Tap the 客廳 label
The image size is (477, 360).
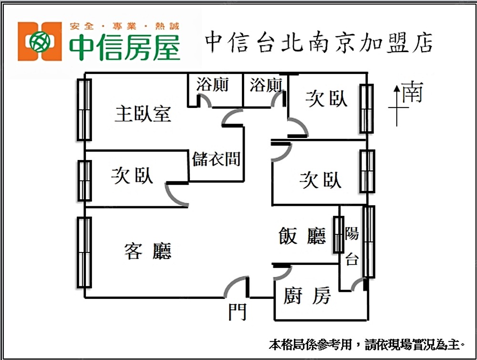(x=148, y=251)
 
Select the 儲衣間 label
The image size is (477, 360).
(x=216, y=159)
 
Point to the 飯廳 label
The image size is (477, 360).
(x=302, y=236)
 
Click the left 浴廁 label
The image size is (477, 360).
(x=212, y=85)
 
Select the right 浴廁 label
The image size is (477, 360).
(x=266, y=85)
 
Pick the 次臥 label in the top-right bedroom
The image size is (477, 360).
(x=326, y=99)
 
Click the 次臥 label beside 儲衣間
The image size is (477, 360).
(x=132, y=176)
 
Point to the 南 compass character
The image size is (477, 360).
(x=412, y=92)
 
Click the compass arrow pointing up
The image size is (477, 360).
(x=397, y=105)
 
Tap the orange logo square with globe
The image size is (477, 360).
(x=40, y=41)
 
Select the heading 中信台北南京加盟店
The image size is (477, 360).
(x=319, y=42)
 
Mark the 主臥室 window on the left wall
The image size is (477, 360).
(x=84, y=109)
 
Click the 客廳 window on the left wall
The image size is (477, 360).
(x=84, y=252)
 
